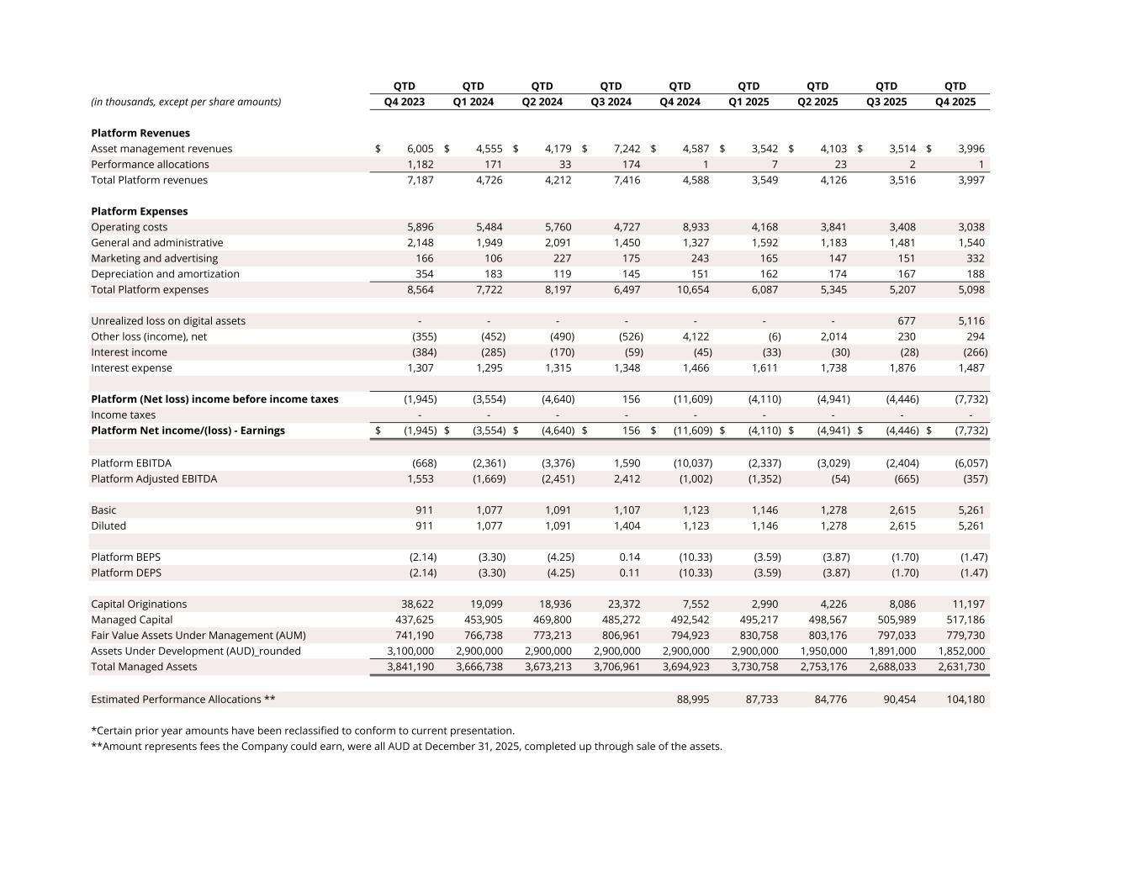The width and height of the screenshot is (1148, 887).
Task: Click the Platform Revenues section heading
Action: (x=140, y=133)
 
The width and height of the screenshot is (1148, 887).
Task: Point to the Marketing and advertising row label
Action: (x=154, y=258)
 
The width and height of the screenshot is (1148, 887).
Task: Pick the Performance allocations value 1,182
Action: (x=420, y=164)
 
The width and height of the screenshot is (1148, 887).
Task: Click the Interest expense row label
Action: (x=131, y=367)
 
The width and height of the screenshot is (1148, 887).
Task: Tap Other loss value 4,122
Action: (x=694, y=336)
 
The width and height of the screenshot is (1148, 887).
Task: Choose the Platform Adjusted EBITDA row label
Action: (x=154, y=478)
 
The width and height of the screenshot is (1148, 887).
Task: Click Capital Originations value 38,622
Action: (x=415, y=604)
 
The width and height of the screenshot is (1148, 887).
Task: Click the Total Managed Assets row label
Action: (x=144, y=667)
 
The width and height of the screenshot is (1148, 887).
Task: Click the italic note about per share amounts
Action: (x=186, y=102)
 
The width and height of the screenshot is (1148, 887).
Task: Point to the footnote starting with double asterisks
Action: (x=406, y=746)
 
